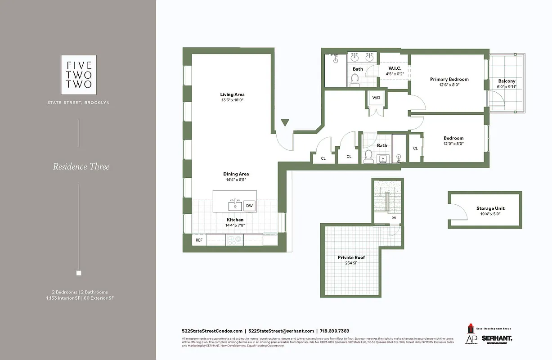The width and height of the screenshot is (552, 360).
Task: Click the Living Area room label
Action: click(x=232, y=94)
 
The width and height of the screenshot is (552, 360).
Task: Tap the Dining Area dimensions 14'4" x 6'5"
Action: click(x=236, y=180)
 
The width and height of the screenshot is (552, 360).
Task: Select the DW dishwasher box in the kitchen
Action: click(x=249, y=206)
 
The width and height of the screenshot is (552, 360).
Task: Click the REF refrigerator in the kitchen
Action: click(x=199, y=240)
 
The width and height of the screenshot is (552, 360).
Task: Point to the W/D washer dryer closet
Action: click(x=376, y=98)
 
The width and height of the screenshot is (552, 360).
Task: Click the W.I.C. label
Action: click(x=395, y=68)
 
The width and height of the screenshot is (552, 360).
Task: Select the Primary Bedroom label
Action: click(x=449, y=79)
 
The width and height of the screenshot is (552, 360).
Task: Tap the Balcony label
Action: click(x=507, y=81)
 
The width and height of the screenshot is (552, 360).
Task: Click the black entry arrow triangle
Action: click(x=284, y=122)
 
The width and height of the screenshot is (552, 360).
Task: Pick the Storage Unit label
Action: click(x=490, y=208)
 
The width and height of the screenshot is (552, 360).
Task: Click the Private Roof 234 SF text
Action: click(x=351, y=261)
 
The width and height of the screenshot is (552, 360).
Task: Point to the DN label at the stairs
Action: click(x=393, y=218)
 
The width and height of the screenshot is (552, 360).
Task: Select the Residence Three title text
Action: click(x=81, y=166)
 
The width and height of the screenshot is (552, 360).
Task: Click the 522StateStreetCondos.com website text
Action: click(x=212, y=331)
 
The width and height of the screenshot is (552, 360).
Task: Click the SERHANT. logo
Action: click(x=497, y=338)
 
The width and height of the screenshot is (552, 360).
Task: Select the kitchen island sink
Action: click(x=235, y=206)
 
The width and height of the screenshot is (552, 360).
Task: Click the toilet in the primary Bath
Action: click(x=355, y=80)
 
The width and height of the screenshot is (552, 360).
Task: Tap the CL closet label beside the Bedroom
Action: click(x=415, y=148)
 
